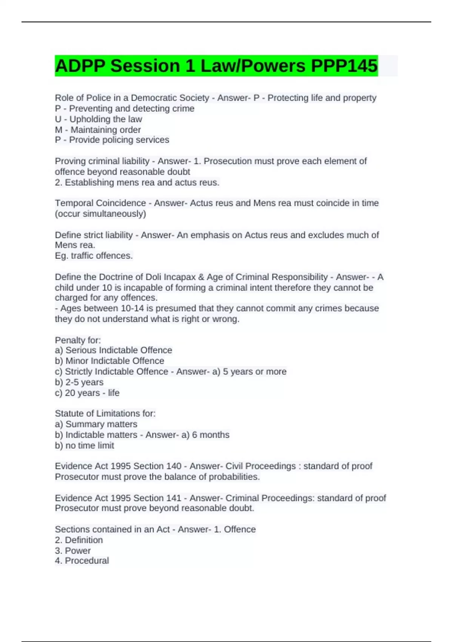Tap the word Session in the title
click(x=145, y=66)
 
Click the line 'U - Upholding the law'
click(x=99, y=119)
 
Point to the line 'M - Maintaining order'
click(x=98, y=130)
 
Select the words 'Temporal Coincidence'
click(x=100, y=203)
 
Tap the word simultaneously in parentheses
click(x=113, y=214)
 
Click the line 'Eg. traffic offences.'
click(x=94, y=256)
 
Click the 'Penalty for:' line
click(x=78, y=340)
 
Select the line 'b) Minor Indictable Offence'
click(x=109, y=361)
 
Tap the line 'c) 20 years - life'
click(x=87, y=393)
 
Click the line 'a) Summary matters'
click(x=96, y=424)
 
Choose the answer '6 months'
click(x=211, y=435)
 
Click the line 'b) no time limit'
click(x=85, y=446)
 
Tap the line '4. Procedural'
click(x=82, y=561)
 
